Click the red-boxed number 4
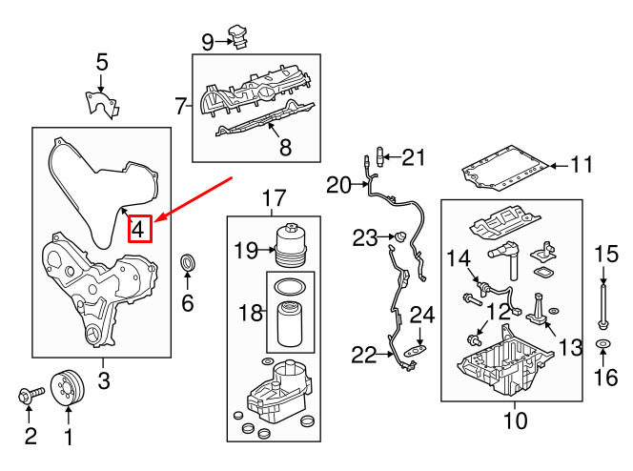click(138, 229)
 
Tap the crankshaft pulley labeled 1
click(67, 387)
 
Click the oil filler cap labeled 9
click(238, 38)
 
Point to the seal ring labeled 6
click(188, 262)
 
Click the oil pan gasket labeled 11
click(505, 171)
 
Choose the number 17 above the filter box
click(274, 198)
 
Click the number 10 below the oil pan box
click(514, 418)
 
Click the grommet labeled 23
click(401, 235)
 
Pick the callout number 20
click(339, 185)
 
